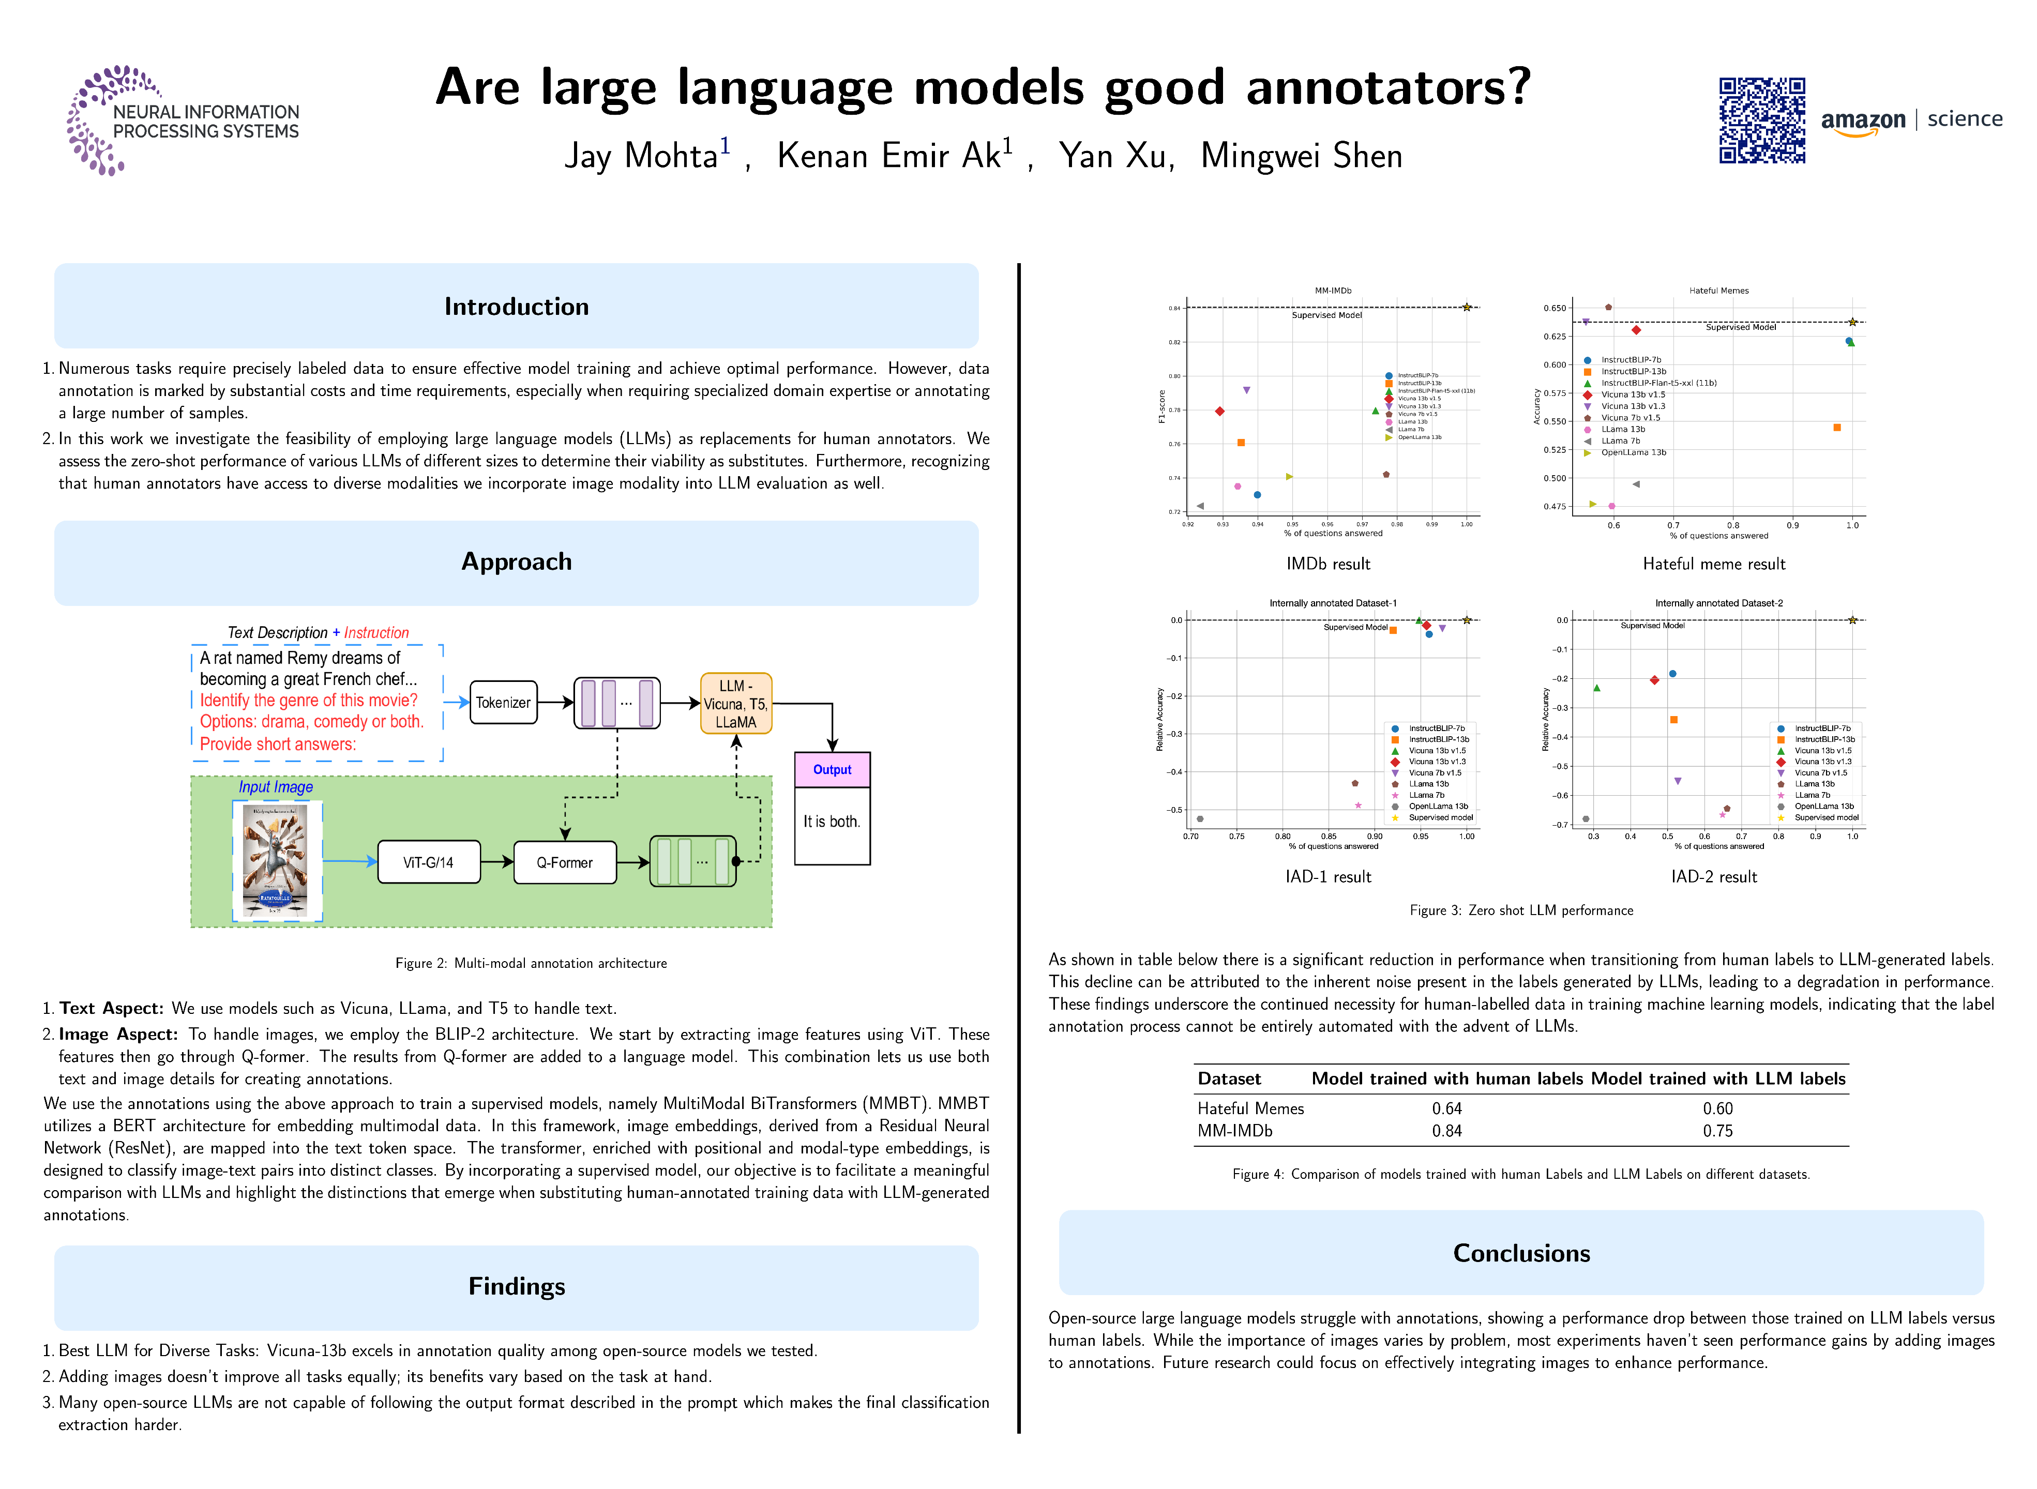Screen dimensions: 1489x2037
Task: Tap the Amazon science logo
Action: point(1911,121)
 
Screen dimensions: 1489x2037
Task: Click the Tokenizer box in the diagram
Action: point(503,702)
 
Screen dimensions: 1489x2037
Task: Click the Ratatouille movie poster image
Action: point(277,861)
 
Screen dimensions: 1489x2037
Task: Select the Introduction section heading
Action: point(517,307)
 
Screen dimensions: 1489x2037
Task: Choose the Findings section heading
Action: point(517,1286)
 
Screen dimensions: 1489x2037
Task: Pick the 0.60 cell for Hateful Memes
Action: point(1717,1108)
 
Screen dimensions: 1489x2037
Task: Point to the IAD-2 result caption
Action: point(1713,877)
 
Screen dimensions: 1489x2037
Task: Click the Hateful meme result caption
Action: point(1713,564)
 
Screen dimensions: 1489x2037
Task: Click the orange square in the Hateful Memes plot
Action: point(1837,427)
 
